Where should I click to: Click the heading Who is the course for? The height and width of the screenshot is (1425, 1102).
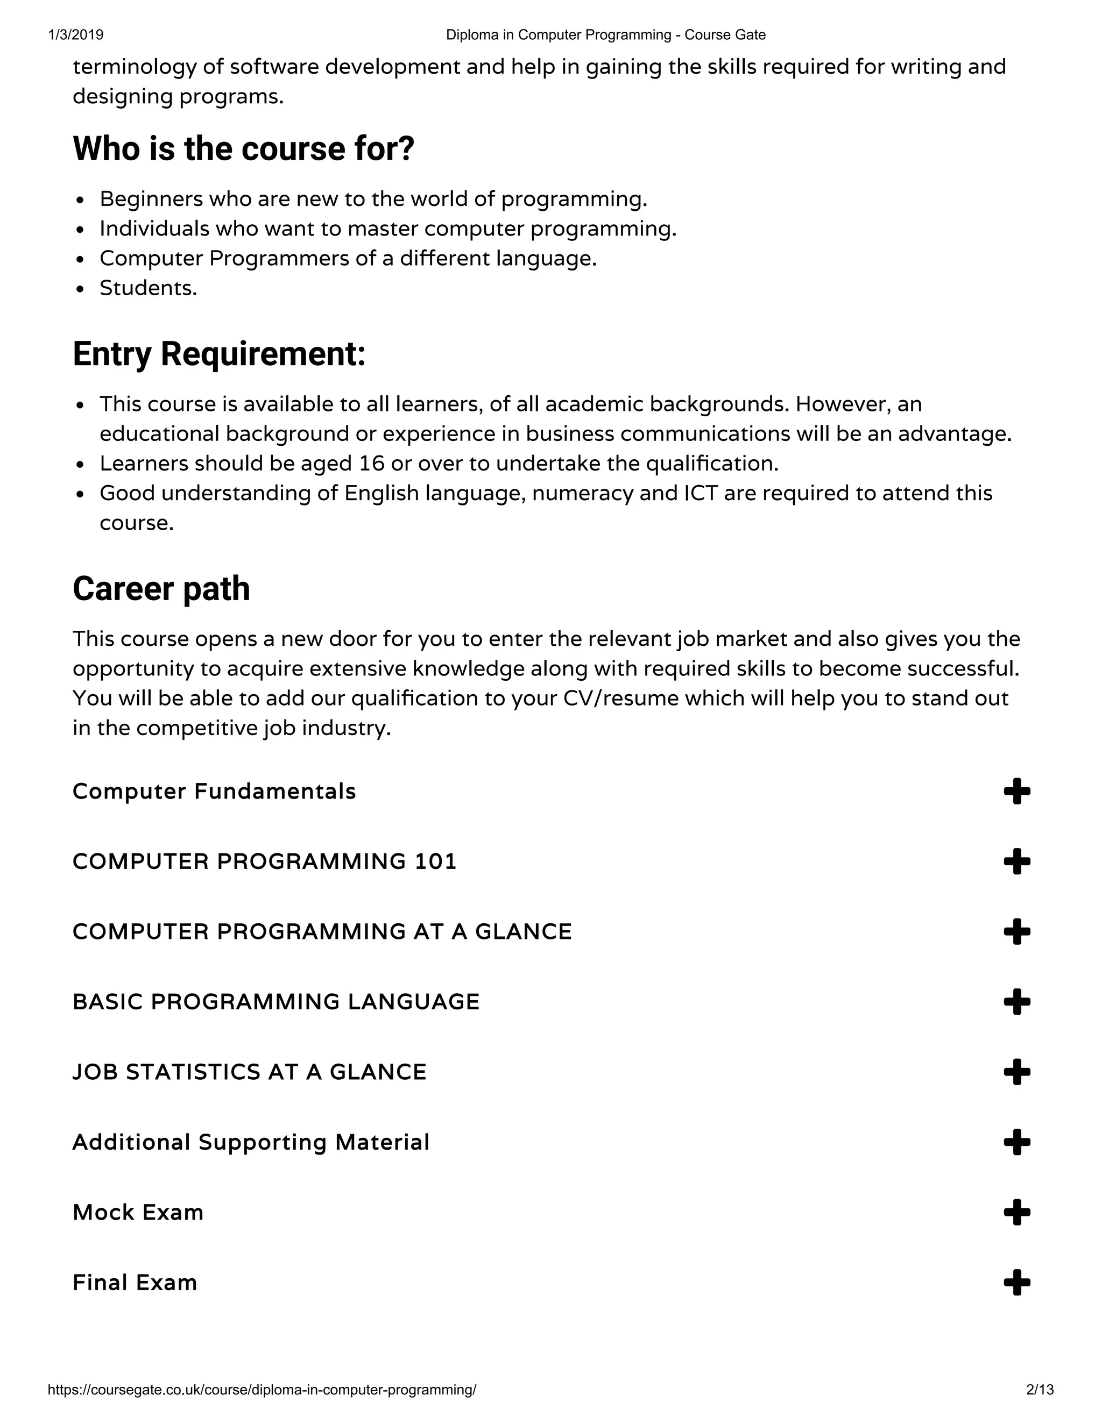244,149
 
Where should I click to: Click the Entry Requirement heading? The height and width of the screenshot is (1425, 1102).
218,354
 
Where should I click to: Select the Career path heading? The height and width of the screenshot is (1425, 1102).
161,589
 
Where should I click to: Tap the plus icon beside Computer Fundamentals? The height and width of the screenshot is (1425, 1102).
1016,792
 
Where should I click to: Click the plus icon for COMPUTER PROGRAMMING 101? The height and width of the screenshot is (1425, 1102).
1016,861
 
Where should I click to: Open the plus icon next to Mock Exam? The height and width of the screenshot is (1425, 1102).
1016,1212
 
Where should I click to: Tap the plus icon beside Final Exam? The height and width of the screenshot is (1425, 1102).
1016,1282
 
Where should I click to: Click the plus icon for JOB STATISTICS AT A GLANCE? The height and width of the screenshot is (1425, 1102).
1016,1072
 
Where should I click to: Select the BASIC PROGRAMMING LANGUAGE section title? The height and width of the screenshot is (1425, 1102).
275,1002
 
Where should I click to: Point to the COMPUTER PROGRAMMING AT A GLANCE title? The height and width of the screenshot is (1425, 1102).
322,932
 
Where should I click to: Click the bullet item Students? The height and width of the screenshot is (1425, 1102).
148,288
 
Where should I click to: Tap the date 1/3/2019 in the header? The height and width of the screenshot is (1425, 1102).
76,34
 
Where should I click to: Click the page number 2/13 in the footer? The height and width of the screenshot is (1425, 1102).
1040,1390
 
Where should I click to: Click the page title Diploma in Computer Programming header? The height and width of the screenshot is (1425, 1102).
605,34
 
